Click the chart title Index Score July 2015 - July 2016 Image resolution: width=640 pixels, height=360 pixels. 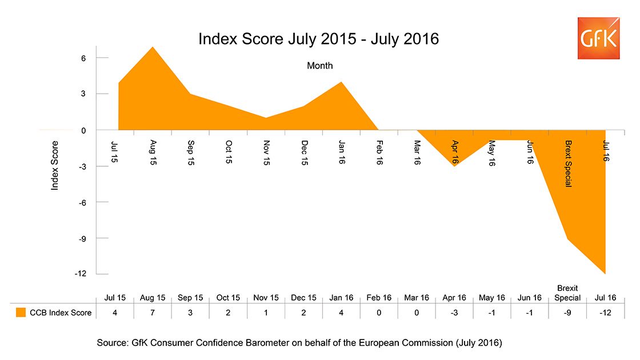click(318, 39)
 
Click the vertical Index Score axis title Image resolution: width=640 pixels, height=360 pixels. click(55, 166)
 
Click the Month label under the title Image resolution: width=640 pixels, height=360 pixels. click(319, 66)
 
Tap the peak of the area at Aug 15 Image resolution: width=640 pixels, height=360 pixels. click(153, 47)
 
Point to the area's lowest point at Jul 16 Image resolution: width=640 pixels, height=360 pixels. click(605, 273)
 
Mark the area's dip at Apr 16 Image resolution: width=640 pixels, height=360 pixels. click(454, 166)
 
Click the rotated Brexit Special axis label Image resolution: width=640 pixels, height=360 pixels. click(568, 163)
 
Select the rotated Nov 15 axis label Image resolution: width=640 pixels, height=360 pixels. click(266, 153)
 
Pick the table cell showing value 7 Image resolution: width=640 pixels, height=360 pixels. click(153, 313)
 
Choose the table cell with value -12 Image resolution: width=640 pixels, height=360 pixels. click(605, 313)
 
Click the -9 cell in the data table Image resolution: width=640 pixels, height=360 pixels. click(567, 313)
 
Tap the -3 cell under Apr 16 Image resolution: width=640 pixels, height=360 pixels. click(454, 313)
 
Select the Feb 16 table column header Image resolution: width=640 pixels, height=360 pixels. click(379, 298)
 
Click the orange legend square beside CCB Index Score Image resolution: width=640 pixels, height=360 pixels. click(21, 313)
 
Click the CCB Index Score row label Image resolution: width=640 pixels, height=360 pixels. click(61, 313)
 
